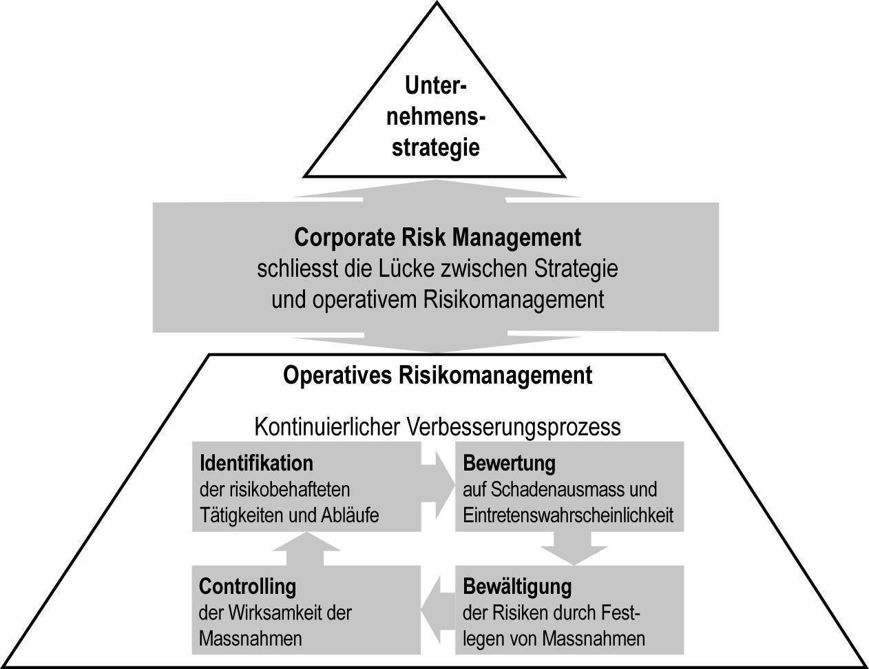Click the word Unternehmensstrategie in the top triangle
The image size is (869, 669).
[x=435, y=117]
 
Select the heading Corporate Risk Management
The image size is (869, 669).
[x=437, y=238]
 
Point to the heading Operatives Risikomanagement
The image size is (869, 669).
[x=437, y=375]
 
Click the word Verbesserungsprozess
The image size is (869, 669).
[x=514, y=427]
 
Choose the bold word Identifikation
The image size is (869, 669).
[x=256, y=463]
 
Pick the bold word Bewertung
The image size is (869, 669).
[x=509, y=464]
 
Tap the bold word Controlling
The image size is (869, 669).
[x=247, y=586]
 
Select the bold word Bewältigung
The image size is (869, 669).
[x=517, y=587]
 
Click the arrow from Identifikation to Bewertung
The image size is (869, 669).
[x=438, y=485]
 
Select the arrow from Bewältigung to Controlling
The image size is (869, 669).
[x=438, y=609]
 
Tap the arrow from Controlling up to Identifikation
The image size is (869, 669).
[x=306, y=548]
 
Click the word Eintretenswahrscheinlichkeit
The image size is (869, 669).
[x=568, y=515]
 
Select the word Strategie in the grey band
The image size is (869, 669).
[x=576, y=269]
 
